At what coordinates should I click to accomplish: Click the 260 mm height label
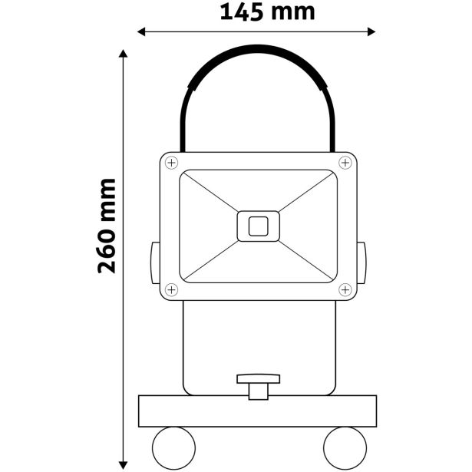[107, 226]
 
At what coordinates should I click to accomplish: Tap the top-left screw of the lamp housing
[170, 163]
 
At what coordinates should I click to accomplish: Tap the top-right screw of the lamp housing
[345, 163]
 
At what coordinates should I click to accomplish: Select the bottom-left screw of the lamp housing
[170, 289]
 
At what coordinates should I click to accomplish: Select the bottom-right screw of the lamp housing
[345, 289]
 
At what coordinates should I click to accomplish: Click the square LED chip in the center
[258, 226]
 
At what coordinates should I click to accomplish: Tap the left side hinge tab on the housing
[154, 263]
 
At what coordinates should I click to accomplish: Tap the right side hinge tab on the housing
[361, 263]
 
